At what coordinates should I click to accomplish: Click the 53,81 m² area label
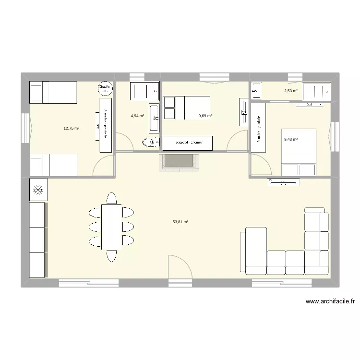click(180, 222)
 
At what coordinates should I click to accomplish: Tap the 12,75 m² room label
click(71, 128)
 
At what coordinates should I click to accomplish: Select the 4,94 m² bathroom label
click(137, 116)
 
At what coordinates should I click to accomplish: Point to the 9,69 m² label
click(205, 116)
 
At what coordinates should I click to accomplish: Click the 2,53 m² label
click(290, 91)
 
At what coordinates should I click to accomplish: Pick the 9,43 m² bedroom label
click(291, 140)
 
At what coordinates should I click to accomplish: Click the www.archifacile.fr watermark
click(330, 301)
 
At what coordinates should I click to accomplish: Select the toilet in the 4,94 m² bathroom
click(150, 142)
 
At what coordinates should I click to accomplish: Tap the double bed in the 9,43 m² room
click(299, 152)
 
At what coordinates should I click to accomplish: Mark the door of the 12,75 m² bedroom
click(103, 165)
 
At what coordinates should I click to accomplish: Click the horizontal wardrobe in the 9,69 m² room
click(188, 143)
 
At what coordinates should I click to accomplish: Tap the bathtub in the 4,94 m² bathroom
click(154, 118)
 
